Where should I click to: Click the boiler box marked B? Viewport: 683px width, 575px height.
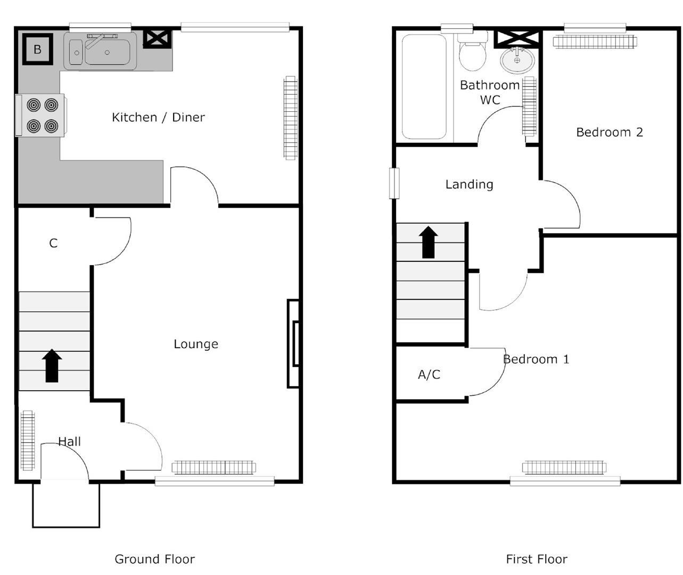coord(37,50)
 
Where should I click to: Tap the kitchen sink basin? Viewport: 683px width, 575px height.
coord(106,52)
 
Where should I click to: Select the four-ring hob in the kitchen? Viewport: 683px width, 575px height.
coord(42,115)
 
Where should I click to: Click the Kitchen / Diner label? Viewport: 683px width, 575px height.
coord(158,117)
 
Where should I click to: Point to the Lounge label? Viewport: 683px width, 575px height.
coord(196,344)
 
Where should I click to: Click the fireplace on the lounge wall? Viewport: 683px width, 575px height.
coord(293,343)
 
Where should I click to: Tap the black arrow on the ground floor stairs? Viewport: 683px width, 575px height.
coord(52,366)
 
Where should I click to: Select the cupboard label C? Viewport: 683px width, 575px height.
coord(53,243)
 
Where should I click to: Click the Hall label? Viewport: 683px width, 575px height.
coord(69,441)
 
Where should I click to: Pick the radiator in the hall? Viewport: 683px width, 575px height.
coord(27,440)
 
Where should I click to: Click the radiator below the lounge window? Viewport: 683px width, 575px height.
coord(213,467)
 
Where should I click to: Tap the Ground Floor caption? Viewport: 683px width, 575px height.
coord(154,559)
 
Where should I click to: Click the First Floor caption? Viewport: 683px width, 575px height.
coord(537,559)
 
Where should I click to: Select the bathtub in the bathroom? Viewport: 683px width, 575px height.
coord(424,87)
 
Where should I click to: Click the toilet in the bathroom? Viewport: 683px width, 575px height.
coord(472,52)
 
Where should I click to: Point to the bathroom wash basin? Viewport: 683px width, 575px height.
coord(517,60)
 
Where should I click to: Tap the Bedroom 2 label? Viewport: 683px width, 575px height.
coord(610,132)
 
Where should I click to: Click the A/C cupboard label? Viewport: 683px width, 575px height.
coord(429,375)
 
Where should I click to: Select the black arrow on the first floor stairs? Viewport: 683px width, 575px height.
coord(429,242)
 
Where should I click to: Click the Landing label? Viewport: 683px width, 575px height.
coord(469,184)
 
